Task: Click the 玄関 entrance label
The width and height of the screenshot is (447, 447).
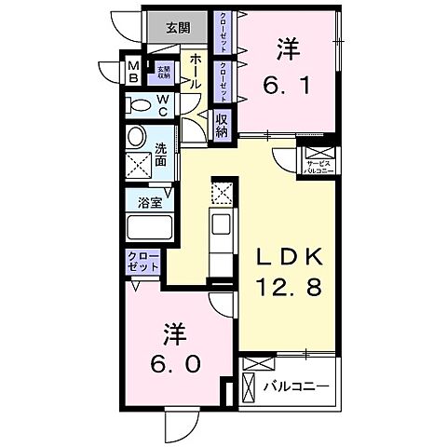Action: (x=179, y=27)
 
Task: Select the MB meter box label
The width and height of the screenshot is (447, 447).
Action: (x=133, y=71)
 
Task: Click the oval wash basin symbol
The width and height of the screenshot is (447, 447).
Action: (x=137, y=138)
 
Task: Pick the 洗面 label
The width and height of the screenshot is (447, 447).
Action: (x=160, y=152)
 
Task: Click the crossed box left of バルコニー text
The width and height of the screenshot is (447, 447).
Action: (x=250, y=385)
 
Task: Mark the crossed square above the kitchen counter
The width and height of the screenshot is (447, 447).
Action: (x=222, y=194)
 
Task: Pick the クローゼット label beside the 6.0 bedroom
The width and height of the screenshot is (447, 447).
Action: (x=142, y=260)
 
